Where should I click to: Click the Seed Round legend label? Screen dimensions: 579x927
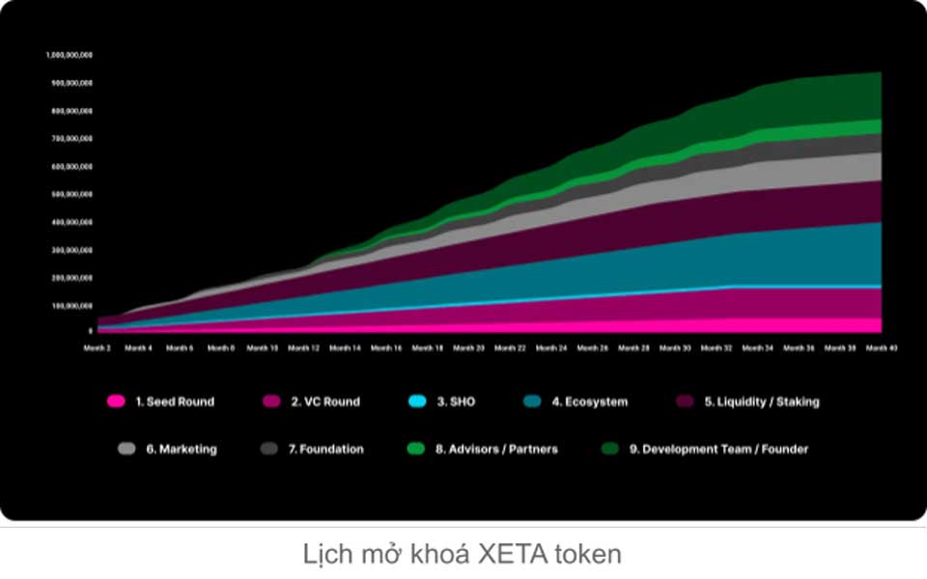(x=175, y=401)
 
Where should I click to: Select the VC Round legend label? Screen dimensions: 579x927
(x=325, y=401)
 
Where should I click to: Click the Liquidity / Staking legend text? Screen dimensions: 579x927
(x=761, y=401)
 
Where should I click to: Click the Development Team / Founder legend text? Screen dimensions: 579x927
(x=725, y=449)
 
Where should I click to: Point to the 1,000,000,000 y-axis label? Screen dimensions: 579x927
(x=69, y=55)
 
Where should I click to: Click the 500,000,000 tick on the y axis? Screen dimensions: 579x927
(x=70, y=194)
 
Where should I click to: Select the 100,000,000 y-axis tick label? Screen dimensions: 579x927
(x=70, y=305)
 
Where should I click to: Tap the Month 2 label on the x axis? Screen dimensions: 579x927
(x=97, y=347)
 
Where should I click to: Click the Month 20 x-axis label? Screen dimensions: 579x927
(x=468, y=347)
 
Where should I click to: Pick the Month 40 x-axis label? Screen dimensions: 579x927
(x=881, y=347)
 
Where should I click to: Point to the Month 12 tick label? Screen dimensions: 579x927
(x=303, y=347)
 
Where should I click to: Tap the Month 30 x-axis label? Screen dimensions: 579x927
(x=675, y=347)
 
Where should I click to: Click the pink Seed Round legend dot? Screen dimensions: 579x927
(x=116, y=401)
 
